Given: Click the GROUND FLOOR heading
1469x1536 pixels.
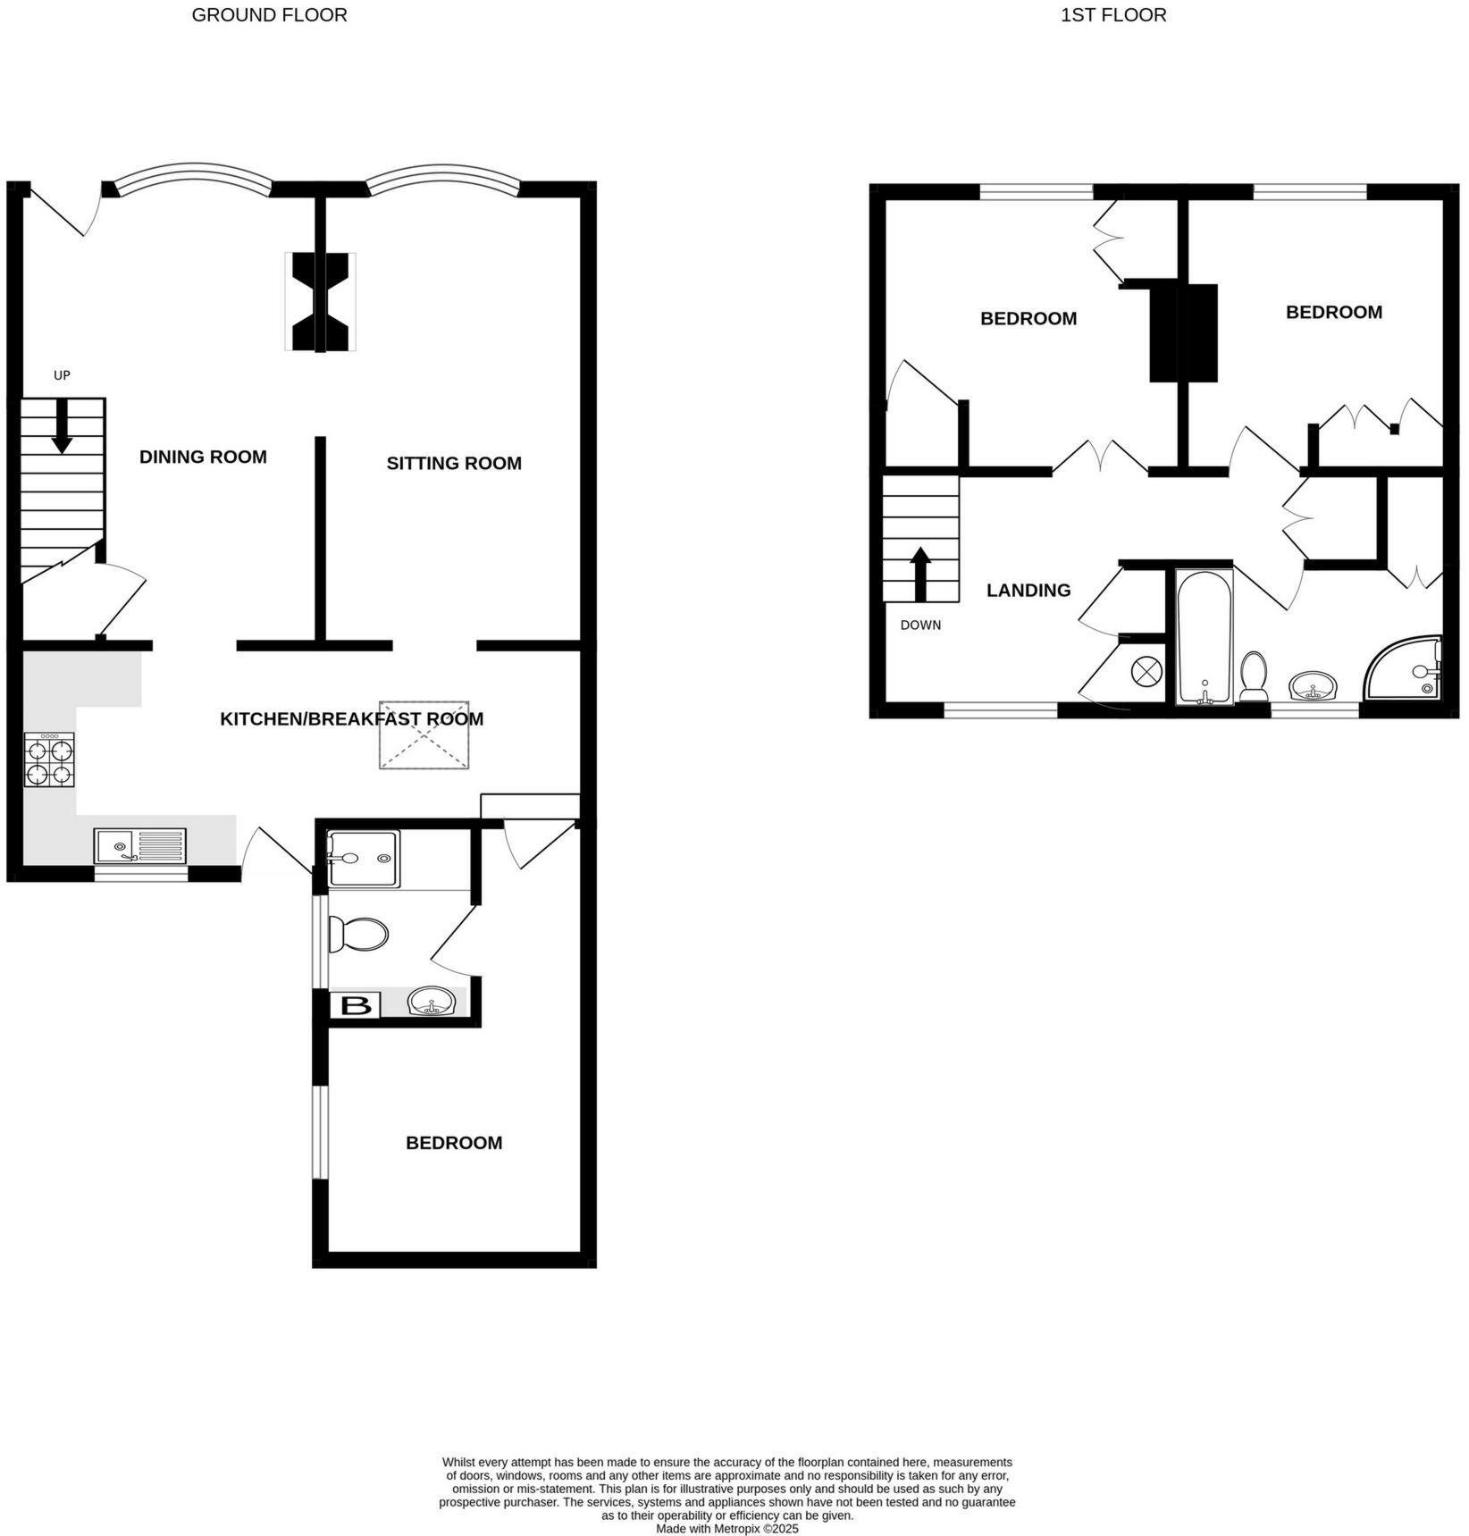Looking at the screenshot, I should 269,15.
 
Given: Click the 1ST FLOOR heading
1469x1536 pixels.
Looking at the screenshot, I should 1112,15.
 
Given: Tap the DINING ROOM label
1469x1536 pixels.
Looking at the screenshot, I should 203,457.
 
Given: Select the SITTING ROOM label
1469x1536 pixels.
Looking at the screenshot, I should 454,463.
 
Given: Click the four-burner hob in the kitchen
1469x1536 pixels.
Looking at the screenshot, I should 49,760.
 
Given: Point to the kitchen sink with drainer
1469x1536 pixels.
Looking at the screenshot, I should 140,845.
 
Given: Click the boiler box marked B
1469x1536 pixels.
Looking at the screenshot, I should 356,1005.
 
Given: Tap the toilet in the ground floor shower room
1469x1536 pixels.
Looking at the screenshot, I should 358,934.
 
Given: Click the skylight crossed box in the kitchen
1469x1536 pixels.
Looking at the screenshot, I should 424,735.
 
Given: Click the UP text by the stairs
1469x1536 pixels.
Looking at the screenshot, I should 62,375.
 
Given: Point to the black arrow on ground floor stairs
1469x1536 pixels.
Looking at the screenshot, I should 62,426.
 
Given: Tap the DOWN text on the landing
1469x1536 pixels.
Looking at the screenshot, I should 920,625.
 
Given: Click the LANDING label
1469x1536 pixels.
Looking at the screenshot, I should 1028,590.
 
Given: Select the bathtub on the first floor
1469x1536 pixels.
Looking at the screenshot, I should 1205,636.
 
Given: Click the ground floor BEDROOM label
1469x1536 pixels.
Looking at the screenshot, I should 454,1143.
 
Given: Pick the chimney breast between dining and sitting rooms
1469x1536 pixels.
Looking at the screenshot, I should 320,302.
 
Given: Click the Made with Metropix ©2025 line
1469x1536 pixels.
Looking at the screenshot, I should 726,1529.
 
